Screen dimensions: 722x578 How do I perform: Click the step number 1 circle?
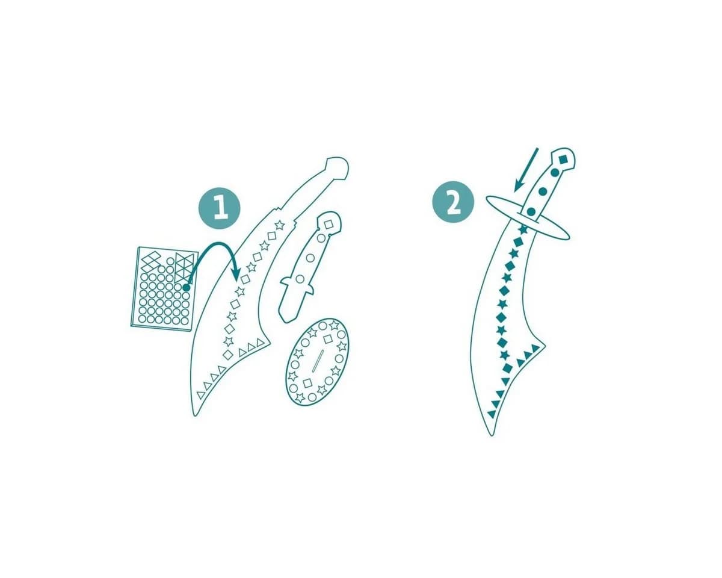[x=220, y=208]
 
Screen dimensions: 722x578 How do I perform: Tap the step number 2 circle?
[x=453, y=202]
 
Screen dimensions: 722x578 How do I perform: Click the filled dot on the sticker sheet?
[x=186, y=287]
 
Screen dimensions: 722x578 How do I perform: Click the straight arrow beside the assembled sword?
[x=526, y=170]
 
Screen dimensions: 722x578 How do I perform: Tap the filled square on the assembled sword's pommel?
[x=563, y=158]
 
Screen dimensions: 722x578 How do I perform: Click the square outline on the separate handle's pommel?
[x=329, y=225]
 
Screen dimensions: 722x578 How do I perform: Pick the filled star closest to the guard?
[x=523, y=230]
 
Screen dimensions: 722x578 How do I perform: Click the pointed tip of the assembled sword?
[x=492, y=435]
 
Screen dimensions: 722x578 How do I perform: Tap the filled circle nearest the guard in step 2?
[x=531, y=211]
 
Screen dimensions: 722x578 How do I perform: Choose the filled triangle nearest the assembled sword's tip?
[x=492, y=414]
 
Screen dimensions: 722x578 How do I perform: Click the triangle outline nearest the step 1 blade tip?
[x=200, y=395]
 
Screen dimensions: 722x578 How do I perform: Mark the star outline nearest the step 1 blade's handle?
[x=279, y=225]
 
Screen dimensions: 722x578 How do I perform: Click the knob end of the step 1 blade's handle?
[x=338, y=167]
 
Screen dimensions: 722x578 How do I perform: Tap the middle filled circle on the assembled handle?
[x=543, y=192]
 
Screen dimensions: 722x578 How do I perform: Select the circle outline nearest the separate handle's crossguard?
[x=300, y=279]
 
